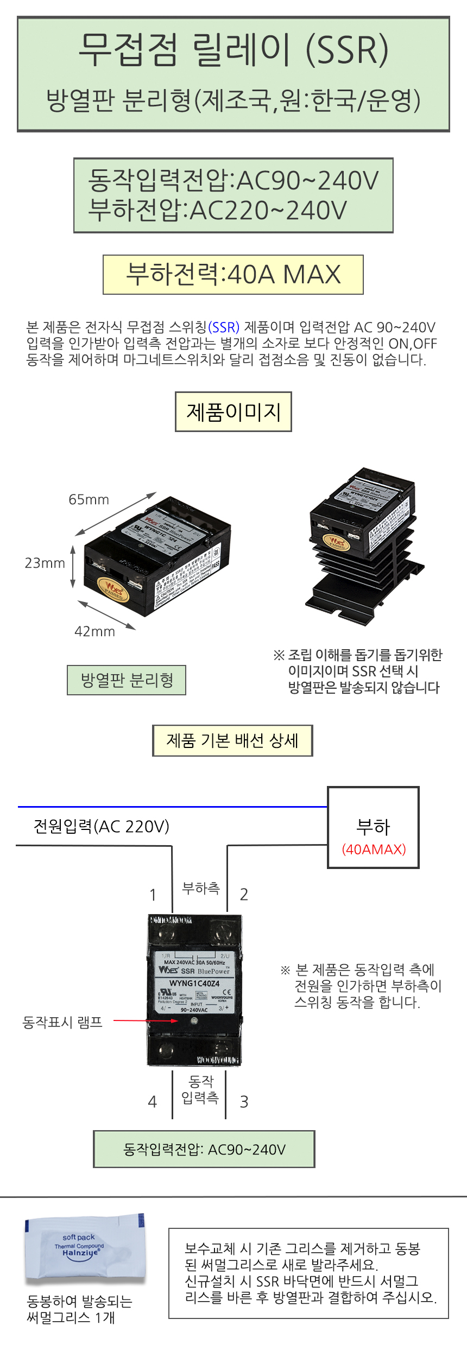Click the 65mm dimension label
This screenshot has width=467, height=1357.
coord(89,499)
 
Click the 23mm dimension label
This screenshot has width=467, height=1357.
coord(45,563)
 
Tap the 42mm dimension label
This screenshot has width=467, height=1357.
coord(94,631)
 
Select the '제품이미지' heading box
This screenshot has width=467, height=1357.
coord(233,412)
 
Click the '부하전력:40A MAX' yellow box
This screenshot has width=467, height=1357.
coord(233,275)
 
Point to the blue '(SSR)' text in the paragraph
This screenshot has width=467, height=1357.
coord(224,327)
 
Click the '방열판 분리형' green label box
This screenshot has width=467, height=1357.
coord(127,680)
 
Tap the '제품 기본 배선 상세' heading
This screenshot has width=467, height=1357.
coord(232,740)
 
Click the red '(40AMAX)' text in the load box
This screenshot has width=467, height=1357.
coord(374,849)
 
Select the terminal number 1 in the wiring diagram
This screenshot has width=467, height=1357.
coord(153,895)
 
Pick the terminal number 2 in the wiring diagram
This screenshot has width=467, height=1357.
coord(244,895)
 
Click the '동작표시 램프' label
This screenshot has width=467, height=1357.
coord(62,1023)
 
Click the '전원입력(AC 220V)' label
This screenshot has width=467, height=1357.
coord(102,826)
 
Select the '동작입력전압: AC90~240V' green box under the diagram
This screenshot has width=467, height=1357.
coord(204,1149)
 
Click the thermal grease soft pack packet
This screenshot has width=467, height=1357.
coord(85,1250)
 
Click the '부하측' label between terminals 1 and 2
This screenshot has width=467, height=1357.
coord(201,888)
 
